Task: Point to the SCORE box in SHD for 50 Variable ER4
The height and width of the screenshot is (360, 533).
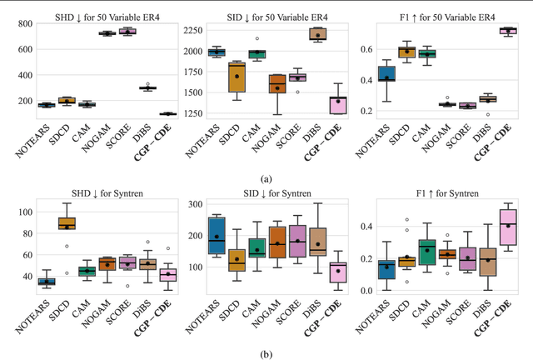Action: [127, 32]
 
